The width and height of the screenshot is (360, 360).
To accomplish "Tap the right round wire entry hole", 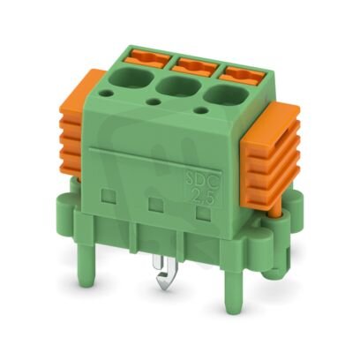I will point(221,94).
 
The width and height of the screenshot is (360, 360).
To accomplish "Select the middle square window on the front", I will point(155,205).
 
